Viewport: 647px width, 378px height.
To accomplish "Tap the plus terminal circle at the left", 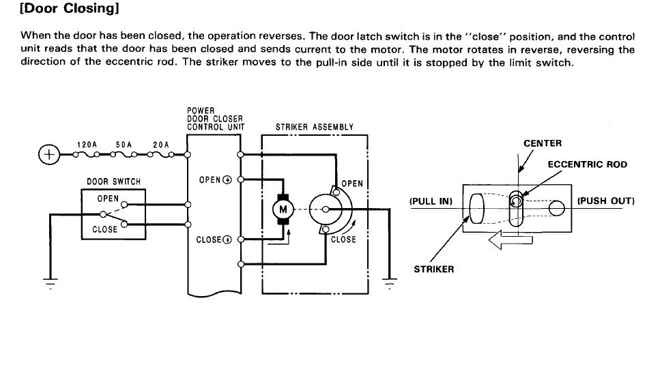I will pyautogui.click(x=48, y=156).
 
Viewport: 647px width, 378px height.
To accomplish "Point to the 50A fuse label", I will pyautogui.click(x=124, y=145).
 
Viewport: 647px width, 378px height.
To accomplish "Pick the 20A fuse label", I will pyautogui.click(x=160, y=145).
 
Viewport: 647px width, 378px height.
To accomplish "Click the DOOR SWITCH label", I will pyautogui.click(x=113, y=182).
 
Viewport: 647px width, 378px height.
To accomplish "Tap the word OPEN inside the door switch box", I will pyautogui.click(x=108, y=199).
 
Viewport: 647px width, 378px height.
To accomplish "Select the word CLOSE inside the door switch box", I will pyautogui.click(x=105, y=229).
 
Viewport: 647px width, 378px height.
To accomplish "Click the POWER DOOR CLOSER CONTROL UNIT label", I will pyautogui.click(x=216, y=118).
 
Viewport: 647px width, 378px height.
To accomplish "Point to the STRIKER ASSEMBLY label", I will pyautogui.click(x=314, y=127).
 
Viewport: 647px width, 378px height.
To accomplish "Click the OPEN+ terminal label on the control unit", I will pyautogui.click(x=215, y=180).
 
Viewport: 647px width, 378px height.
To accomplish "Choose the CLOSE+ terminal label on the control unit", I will pyautogui.click(x=214, y=239).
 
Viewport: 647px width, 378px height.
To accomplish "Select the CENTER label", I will pyautogui.click(x=543, y=143).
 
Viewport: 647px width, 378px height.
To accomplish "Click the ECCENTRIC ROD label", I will pyautogui.click(x=588, y=165).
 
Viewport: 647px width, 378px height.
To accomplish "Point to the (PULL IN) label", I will pyautogui.click(x=431, y=202).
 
